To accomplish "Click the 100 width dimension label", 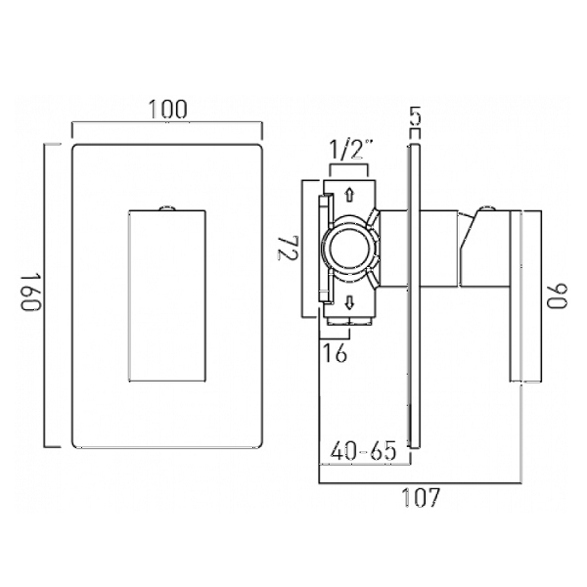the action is (x=167, y=109).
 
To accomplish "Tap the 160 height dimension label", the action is (x=30, y=293).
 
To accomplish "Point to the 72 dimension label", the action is (x=288, y=248).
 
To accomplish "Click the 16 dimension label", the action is (x=335, y=352).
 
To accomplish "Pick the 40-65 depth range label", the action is (x=363, y=450).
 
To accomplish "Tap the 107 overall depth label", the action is (x=421, y=498).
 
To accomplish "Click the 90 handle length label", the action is (x=558, y=296).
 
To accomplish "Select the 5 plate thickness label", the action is (x=415, y=116).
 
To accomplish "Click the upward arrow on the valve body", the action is (x=349, y=196).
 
